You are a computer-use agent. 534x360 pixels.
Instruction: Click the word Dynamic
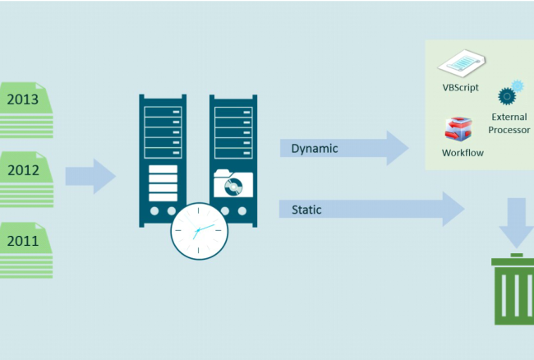click(x=315, y=149)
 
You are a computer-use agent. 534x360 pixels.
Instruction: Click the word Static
click(x=306, y=210)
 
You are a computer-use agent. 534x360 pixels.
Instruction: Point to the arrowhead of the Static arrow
click(x=452, y=210)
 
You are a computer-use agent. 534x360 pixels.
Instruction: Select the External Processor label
click(x=510, y=123)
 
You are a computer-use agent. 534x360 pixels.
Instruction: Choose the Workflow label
click(x=463, y=153)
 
